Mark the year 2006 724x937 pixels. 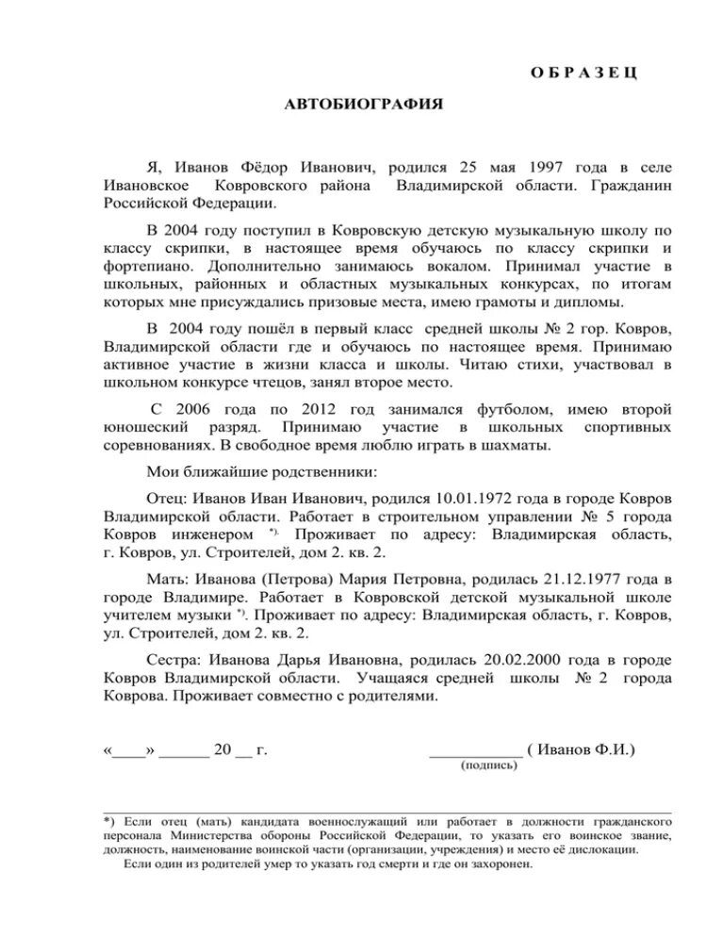[200, 409]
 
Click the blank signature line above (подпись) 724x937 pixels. [475, 752]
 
